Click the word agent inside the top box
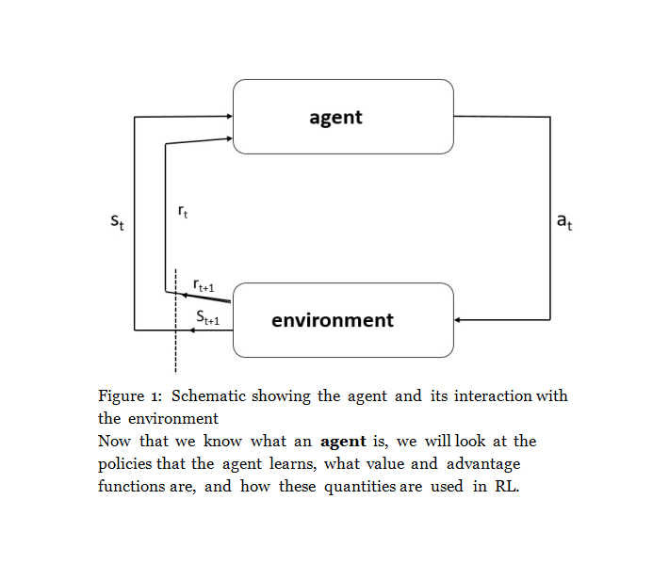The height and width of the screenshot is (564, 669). click(x=335, y=118)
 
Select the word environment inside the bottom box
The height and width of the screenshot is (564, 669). click(x=332, y=320)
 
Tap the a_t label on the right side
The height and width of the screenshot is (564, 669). click(x=563, y=222)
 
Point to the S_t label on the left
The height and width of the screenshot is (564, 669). click(x=118, y=224)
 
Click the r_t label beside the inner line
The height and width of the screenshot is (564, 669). click(x=182, y=213)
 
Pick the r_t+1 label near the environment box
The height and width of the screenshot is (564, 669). click(x=203, y=283)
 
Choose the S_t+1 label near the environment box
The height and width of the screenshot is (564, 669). click(x=208, y=318)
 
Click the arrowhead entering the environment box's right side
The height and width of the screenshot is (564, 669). click(x=458, y=320)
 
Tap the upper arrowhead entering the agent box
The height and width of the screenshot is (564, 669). click(x=228, y=117)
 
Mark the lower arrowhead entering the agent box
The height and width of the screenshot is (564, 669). click(x=228, y=138)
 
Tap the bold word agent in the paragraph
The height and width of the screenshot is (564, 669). click(x=343, y=440)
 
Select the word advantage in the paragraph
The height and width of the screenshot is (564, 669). click(x=483, y=463)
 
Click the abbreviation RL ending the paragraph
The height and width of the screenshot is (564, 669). click(x=507, y=486)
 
